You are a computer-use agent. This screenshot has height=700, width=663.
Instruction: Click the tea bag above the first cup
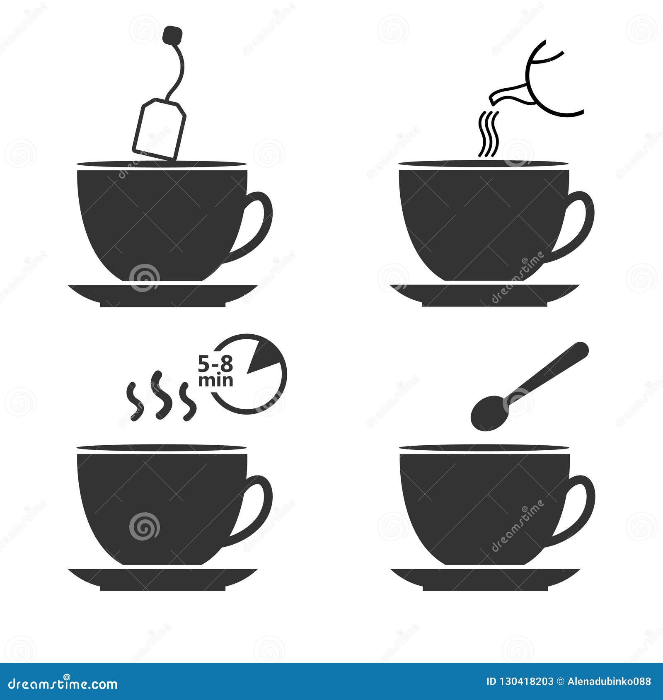[159, 128]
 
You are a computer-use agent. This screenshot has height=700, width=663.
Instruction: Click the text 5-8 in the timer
[215, 365]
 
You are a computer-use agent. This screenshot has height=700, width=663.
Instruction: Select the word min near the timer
[215, 380]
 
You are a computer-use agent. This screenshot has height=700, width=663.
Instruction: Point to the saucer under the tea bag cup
[162, 294]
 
